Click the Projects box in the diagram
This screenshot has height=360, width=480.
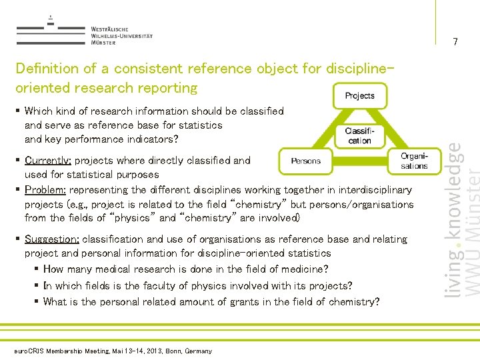(359, 96)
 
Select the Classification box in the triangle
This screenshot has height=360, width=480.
(359, 136)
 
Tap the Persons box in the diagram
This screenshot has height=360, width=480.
(305, 161)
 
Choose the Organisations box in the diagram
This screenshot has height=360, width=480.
(414, 161)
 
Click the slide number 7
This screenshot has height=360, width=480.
(455, 43)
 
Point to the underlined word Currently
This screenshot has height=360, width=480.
(48, 161)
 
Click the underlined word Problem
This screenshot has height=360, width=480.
(46, 190)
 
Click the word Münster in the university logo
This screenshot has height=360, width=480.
(103, 43)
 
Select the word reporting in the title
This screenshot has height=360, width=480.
(169, 88)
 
